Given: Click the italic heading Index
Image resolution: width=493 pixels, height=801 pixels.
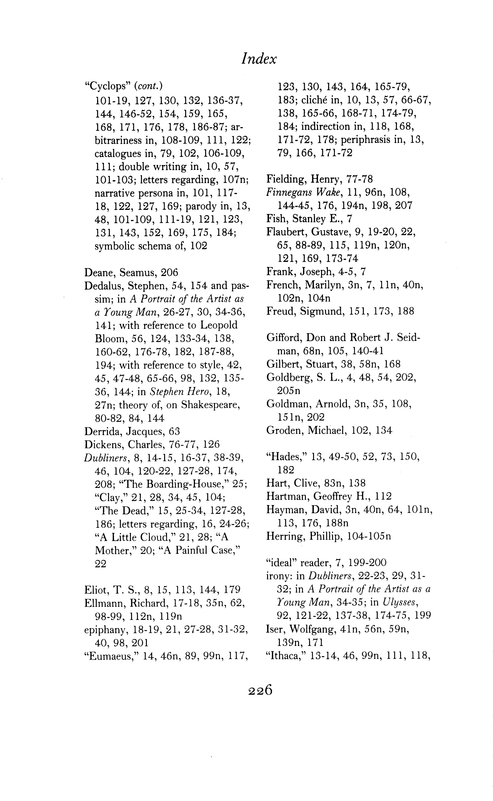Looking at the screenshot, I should click(x=259, y=59).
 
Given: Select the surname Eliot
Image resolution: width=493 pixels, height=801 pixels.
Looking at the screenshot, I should click(x=95, y=590).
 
